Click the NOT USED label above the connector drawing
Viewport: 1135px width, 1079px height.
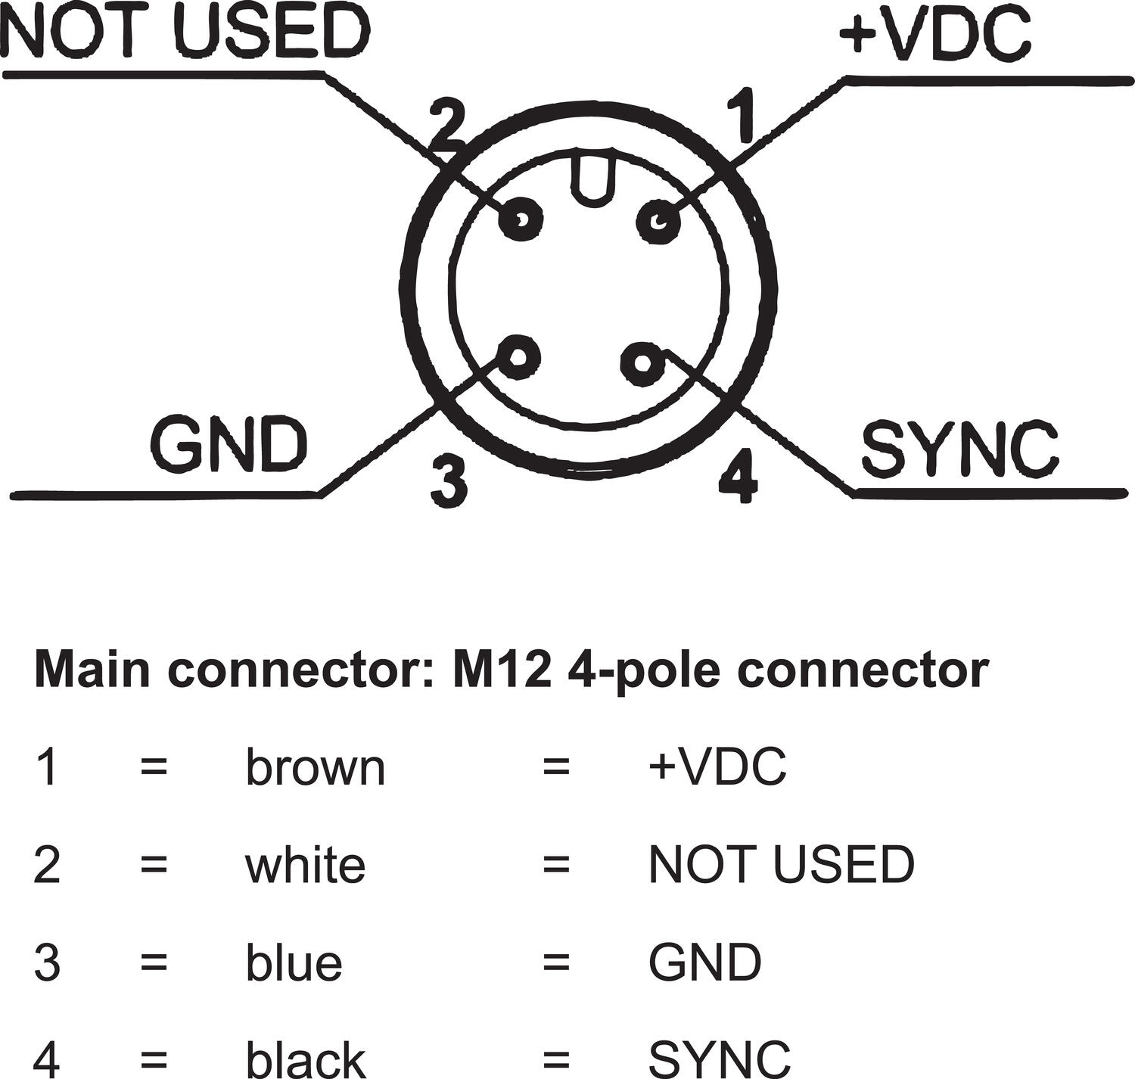point(185,34)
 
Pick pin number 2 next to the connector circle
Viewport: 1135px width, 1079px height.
point(446,123)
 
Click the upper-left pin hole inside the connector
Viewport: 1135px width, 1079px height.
point(520,220)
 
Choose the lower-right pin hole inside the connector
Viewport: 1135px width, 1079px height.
point(643,364)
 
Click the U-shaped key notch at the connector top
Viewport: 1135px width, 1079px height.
point(594,179)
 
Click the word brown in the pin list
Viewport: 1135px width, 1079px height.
point(315,766)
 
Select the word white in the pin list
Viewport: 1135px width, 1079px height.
point(305,864)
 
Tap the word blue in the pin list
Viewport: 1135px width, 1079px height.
point(294,962)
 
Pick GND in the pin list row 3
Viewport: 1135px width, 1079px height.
point(704,962)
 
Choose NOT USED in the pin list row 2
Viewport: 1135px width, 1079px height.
point(782,864)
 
